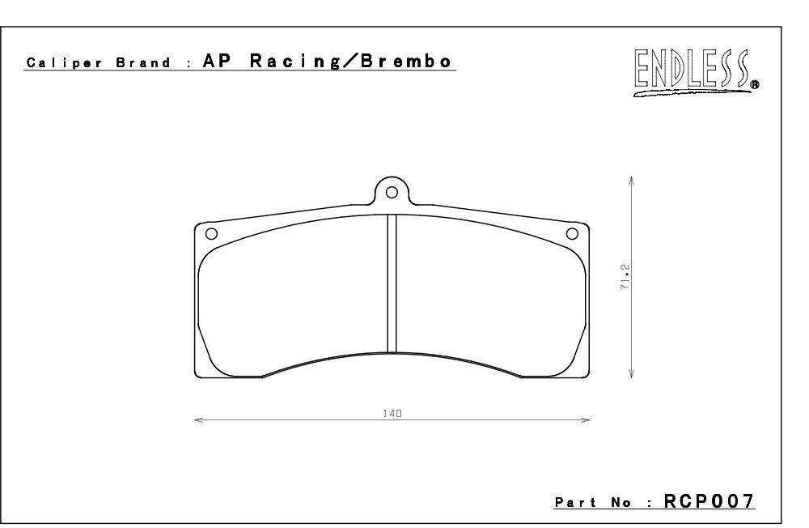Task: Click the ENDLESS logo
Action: (696, 73)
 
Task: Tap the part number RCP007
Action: (709, 501)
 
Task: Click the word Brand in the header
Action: (143, 63)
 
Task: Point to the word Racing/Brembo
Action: (351, 61)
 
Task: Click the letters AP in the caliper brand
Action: (217, 61)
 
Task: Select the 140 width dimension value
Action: (392, 413)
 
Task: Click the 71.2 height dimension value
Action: (625, 277)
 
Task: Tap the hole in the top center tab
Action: (392, 192)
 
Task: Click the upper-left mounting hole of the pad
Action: (211, 233)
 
